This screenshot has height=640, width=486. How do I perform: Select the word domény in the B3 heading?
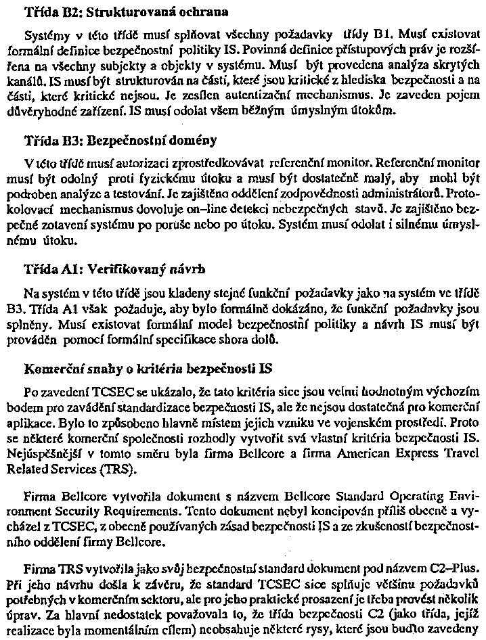click(193, 141)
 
